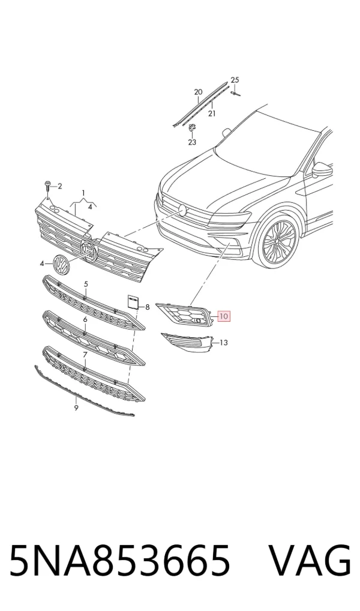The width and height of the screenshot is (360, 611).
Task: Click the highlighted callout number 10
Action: [224, 316]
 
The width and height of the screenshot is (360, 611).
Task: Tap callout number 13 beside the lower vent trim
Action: [224, 343]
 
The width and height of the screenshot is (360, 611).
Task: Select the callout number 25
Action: [235, 80]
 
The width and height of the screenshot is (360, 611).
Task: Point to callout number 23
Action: [192, 142]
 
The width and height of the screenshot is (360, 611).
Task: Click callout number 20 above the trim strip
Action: [199, 92]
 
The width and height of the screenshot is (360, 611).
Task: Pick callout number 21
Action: [212, 113]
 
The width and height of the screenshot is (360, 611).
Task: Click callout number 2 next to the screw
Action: [59, 186]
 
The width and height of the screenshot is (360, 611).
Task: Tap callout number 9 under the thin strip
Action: [76, 408]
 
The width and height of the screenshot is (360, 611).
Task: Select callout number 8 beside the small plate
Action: [147, 307]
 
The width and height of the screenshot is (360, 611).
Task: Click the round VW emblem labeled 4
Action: [61, 263]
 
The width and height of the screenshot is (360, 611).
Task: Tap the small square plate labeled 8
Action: [132, 302]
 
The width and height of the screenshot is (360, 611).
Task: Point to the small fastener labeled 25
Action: [235, 93]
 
